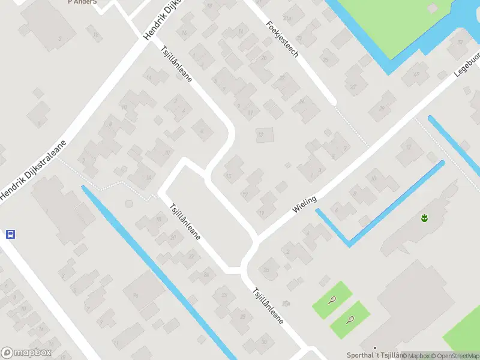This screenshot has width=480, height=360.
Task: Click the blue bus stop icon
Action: tap(10, 234)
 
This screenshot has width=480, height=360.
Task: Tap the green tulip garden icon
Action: tap(425, 218)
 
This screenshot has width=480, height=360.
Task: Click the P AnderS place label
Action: tap(82, 2)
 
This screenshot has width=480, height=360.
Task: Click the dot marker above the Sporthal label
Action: tap(375, 348)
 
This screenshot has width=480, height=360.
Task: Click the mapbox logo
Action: tap(26, 353)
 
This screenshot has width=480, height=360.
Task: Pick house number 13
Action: tap(260, 135)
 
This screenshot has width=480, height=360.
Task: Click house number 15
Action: tap(228, 176)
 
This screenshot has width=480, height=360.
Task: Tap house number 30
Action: tap(264, 343)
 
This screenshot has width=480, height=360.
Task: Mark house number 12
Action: tap(409, 147)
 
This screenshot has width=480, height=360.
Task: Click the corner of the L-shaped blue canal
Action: tap(349, 244)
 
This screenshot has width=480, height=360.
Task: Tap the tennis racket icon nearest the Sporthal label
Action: tap(350, 319)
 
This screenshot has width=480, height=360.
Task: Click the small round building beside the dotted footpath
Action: tap(128, 203)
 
